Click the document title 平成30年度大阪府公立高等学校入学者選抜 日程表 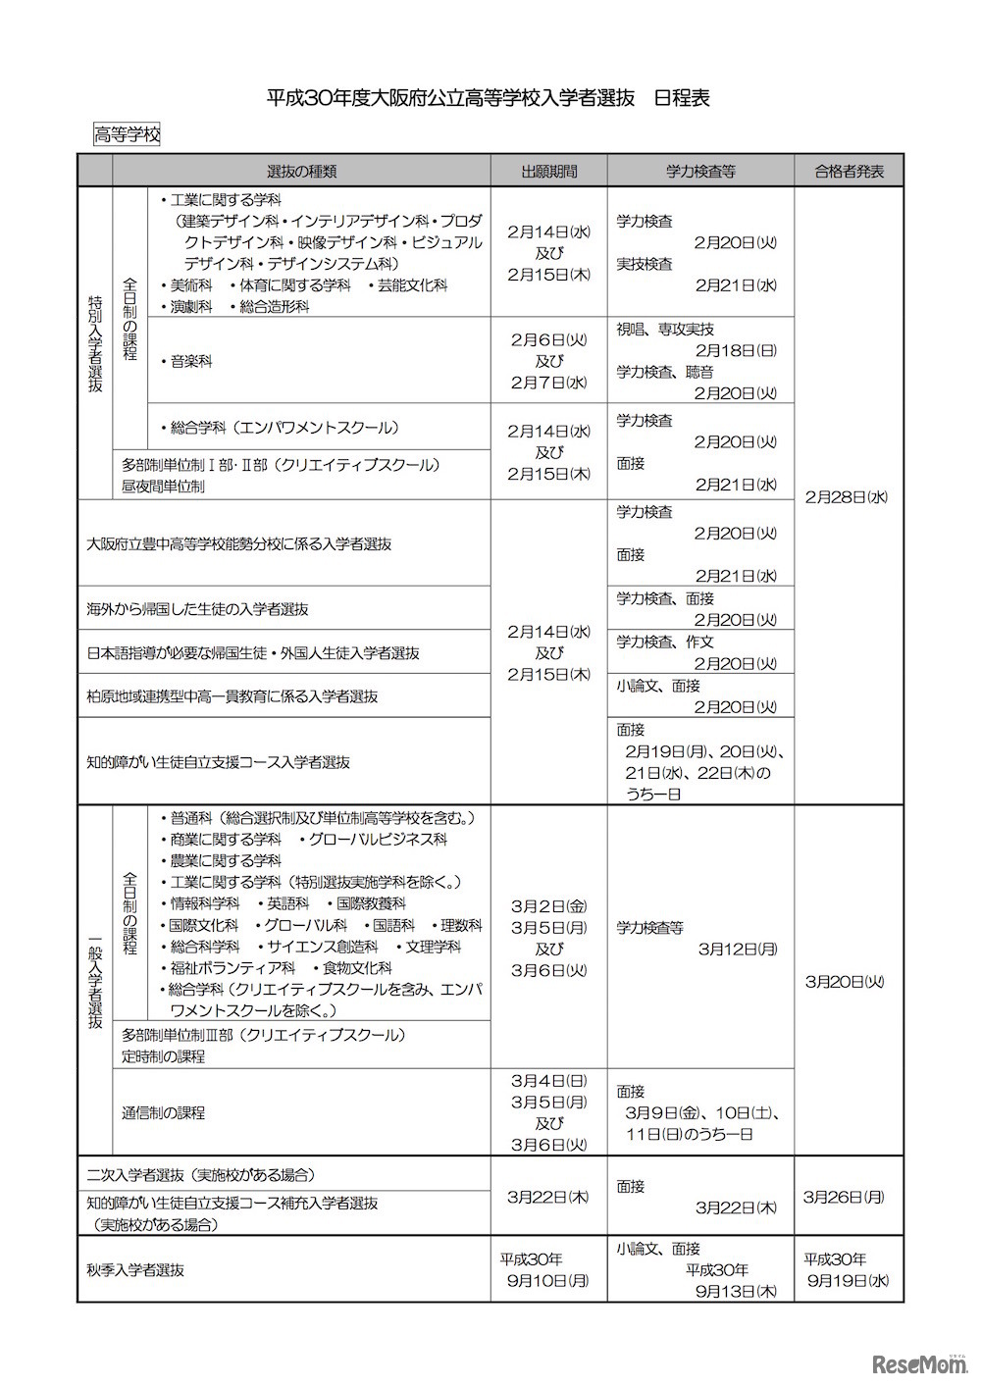489,97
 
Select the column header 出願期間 548,171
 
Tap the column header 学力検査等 700,171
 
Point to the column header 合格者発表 849,171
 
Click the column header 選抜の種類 301,171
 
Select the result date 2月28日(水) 848,496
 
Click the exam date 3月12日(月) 738,949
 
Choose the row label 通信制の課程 164,1112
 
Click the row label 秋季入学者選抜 135,1269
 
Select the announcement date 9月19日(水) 850,1279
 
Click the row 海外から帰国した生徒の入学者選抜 197,608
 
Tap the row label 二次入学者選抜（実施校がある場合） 200,1174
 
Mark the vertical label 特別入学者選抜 95,343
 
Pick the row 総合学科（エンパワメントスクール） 284,427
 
